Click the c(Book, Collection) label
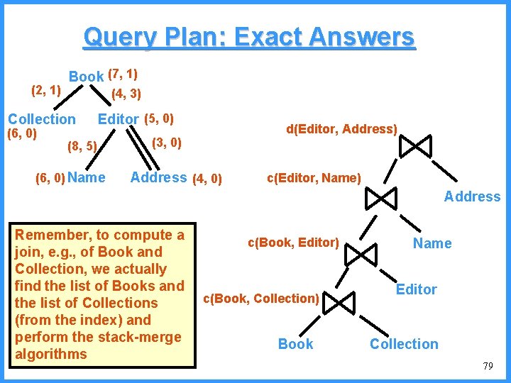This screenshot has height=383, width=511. pos(261,299)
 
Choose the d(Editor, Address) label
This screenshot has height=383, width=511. pos(341,128)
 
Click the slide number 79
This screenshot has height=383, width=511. pos(487,366)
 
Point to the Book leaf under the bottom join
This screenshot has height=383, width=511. pos(295,344)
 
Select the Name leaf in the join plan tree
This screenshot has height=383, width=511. pos(432,243)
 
